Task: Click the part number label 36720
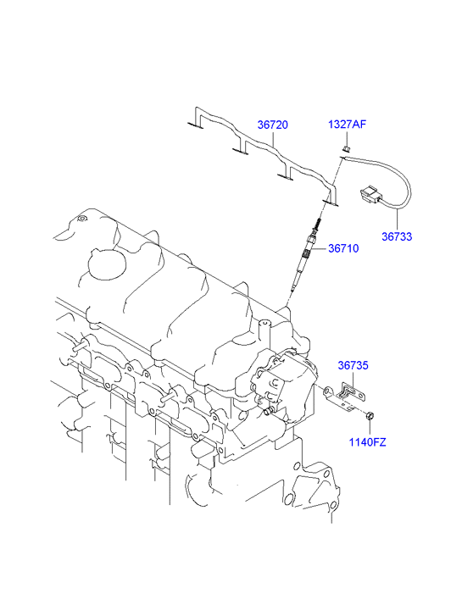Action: click(x=272, y=125)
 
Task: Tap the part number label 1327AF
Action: click(x=348, y=125)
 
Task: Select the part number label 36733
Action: click(x=397, y=236)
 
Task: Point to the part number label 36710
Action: click(x=343, y=248)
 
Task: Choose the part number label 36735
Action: click(x=354, y=365)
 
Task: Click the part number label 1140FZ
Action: click(x=368, y=442)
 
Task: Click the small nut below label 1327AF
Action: click(x=347, y=148)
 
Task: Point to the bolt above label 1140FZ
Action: click(x=370, y=416)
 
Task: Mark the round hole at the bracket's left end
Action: click(x=327, y=391)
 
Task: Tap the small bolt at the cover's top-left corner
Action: click(x=81, y=219)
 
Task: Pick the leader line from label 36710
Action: click(x=319, y=248)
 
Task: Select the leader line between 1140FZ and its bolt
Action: click(x=370, y=428)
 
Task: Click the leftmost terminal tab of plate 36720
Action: click(x=195, y=125)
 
